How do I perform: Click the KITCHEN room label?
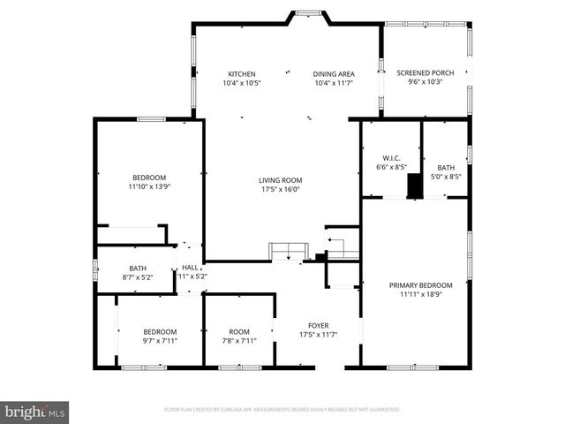pyautogui.click(x=241, y=73)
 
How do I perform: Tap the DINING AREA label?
pyautogui.click(x=334, y=73)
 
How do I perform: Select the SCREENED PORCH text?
pyautogui.click(x=425, y=72)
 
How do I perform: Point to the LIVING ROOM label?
pyautogui.click(x=281, y=179)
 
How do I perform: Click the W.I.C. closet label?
pyautogui.click(x=390, y=155)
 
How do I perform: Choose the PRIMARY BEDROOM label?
pyautogui.click(x=420, y=285)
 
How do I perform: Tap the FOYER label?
pyautogui.click(x=318, y=325)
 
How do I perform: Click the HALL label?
pyautogui.click(x=190, y=268)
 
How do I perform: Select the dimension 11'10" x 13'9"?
pyautogui.click(x=148, y=187)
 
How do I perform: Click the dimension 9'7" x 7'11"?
pyautogui.click(x=160, y=341)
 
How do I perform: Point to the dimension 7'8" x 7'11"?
pyautogui.click(x=238, y=341)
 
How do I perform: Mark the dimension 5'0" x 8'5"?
pyautogui.click(x=445, y=177)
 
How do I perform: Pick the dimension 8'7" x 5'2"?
pyautogui.click(x=137, y=277)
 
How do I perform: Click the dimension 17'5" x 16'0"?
pyautogui.click(x=281, y=189)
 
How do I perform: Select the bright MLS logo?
pyautogui.click(x=35, y=412)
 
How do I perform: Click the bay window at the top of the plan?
pyautogui.click(x=308, y=13)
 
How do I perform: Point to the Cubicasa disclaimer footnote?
pyautogui.click(x=282, y=410)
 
